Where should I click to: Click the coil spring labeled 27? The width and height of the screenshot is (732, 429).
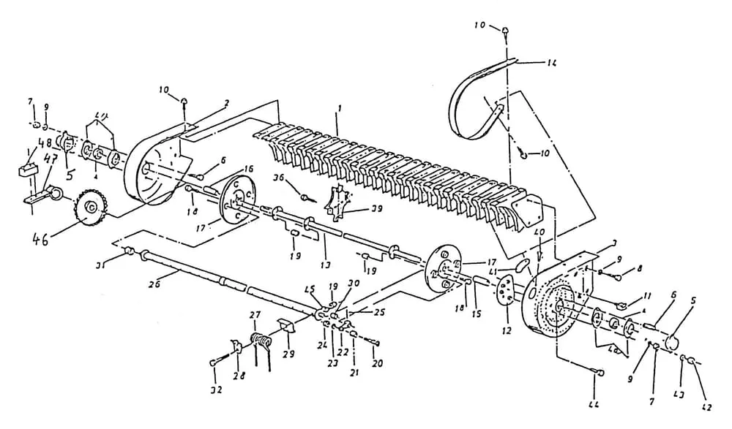click(x=259, y=341)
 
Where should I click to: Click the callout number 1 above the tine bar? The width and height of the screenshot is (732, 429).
click(x=337, y=109)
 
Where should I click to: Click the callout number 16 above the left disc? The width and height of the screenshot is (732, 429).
click(x=248, y=168)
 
